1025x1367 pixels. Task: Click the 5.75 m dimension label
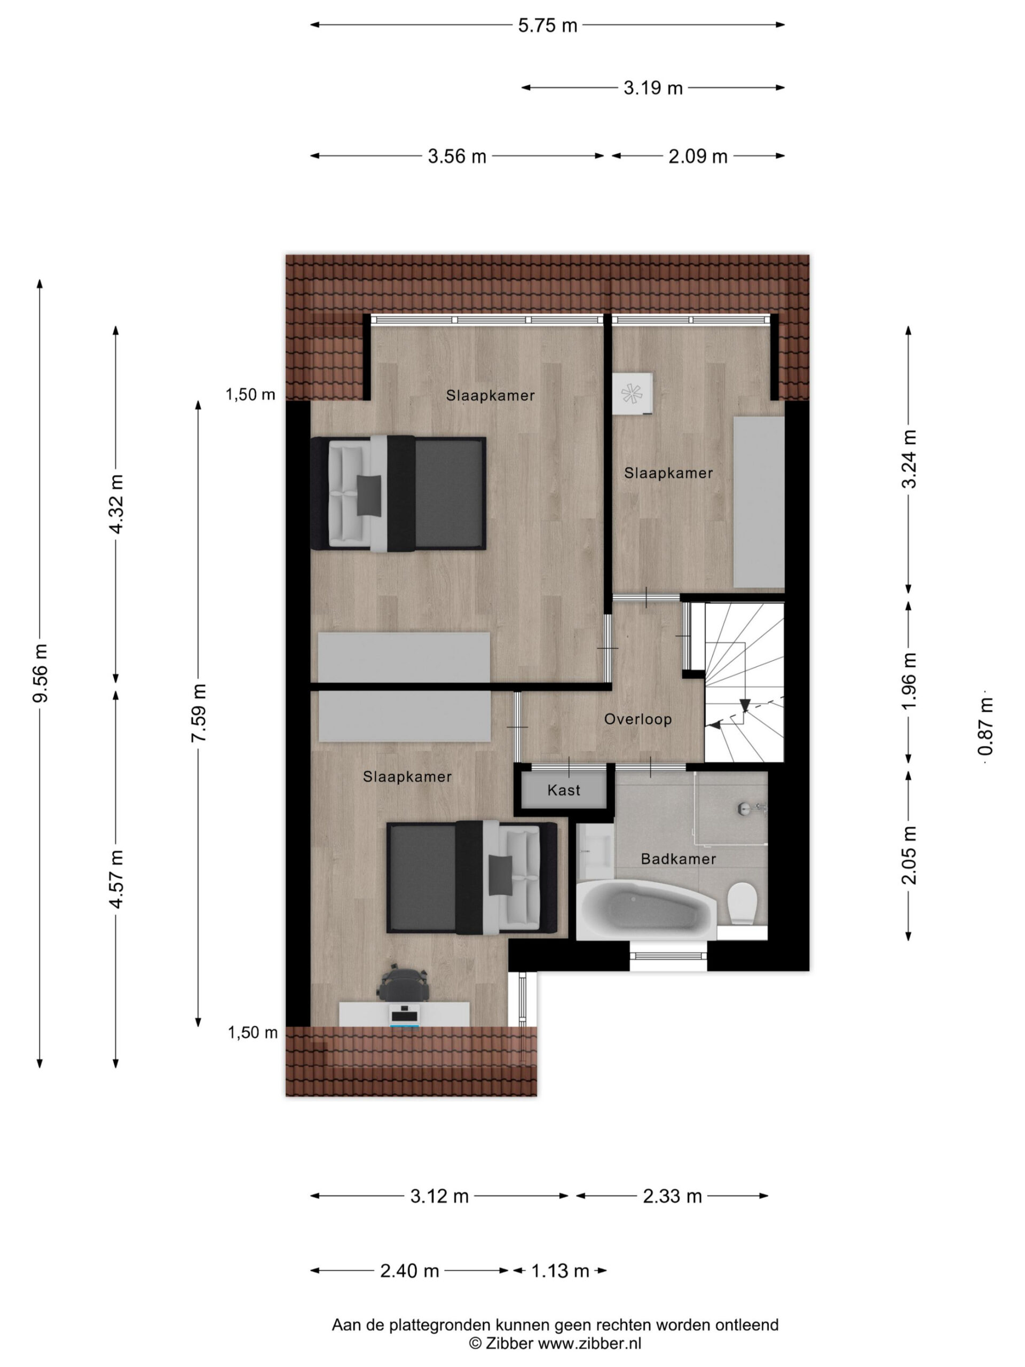547,25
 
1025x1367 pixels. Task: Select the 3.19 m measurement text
652,88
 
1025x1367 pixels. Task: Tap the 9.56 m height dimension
40,672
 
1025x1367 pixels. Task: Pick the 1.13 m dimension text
560,1271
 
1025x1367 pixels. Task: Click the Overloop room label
637,719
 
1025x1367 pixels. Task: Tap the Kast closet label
563,790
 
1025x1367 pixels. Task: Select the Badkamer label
679,859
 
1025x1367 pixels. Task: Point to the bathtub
646,910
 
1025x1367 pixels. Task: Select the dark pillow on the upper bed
369,494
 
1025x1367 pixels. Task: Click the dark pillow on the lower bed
500,875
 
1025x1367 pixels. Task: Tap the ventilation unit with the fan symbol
633,394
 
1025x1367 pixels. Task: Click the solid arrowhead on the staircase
745,704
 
